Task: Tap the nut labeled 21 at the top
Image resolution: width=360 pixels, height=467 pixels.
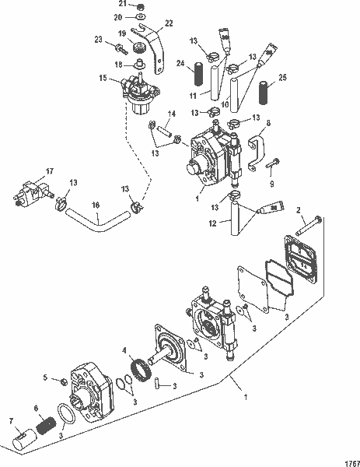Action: pos(139,5)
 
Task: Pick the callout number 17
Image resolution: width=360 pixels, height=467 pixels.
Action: pos(48,171)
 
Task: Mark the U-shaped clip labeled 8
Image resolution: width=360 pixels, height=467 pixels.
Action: pos(256,150)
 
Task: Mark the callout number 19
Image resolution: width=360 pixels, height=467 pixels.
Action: pos(121,33)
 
